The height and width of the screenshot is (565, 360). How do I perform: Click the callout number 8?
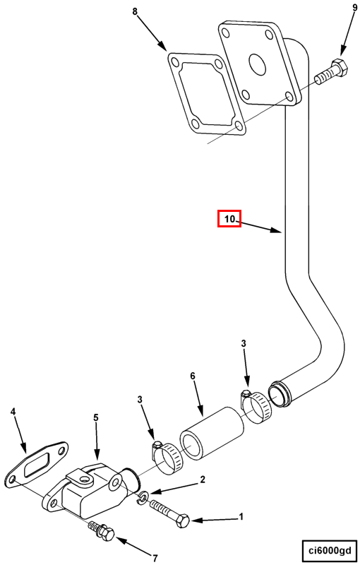pos(135,11)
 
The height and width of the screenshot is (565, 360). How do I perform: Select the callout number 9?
pos(354,6)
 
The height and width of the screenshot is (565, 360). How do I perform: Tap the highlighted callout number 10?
pos(229,219)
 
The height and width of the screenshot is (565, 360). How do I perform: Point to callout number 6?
pos(193,376)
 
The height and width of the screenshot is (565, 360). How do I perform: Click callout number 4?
pos(13,412)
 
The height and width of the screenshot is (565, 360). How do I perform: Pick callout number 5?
pos(96,417)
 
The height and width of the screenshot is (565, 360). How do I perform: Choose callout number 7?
pos(155,559)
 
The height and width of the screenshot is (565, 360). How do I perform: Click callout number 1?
pos(241,517)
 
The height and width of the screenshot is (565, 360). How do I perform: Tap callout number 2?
pos(203,480)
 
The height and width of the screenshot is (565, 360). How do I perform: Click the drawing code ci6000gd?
pos(329,550)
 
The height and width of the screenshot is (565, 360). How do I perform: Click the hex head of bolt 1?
pos(184,521)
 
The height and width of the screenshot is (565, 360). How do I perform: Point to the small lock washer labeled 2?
pos(143,498)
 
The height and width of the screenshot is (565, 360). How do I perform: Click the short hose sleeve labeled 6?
pos(212,434)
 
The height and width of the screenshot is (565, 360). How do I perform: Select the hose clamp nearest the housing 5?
pos(167,456)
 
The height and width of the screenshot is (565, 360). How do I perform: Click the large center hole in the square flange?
pos(257,64)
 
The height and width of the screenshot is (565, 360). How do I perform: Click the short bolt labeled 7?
pos(102,531)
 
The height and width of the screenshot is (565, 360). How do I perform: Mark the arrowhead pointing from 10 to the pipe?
pos(276,230)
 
